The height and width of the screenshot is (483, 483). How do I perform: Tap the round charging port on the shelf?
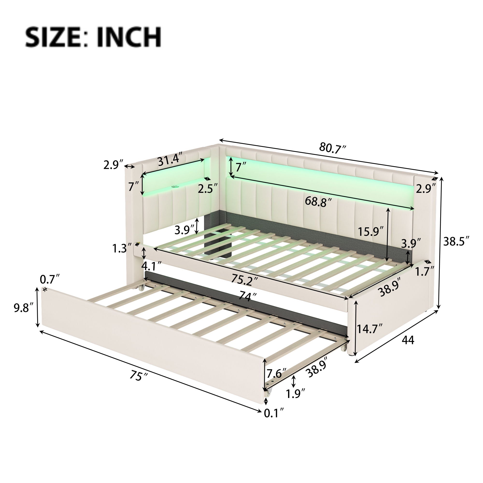pos(174,187)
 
